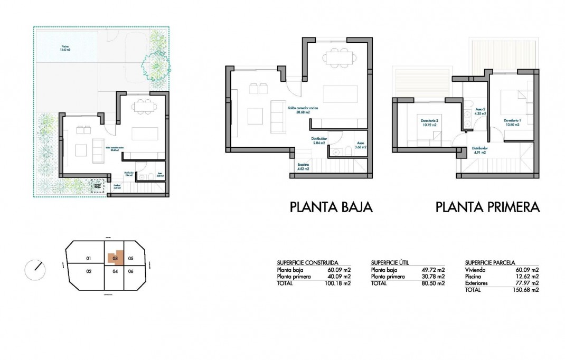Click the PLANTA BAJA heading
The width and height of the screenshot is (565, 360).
click(331, 207)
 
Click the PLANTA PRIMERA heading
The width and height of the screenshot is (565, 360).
click(487, 207)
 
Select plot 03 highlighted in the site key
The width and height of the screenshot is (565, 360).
click(115, 258)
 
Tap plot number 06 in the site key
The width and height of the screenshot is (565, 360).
click(131, 271)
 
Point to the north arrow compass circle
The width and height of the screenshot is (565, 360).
click(35, 270)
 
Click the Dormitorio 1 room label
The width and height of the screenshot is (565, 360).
click(512, 121)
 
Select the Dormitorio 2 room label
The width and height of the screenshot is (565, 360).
click(428, 123)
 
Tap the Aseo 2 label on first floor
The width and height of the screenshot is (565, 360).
click(480, 111)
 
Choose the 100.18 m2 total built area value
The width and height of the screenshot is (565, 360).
click(340, 283)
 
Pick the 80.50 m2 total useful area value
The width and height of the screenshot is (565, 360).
click(434, 283)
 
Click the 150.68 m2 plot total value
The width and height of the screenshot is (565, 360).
click(527, 290)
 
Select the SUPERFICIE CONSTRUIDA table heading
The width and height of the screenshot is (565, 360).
click(307, 262)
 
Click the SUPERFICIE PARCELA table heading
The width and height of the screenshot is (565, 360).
click(490, 262)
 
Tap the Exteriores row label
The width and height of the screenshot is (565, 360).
click(476, 283)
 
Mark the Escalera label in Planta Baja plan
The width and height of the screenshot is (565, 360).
click(303, 166)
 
